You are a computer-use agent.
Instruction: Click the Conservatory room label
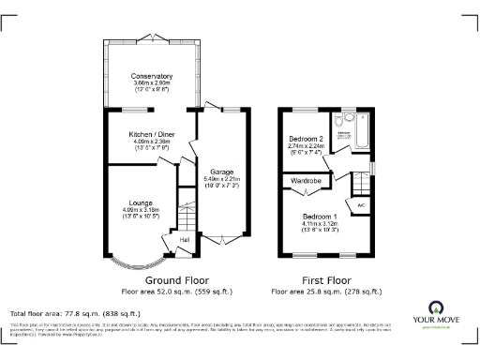point(151,76)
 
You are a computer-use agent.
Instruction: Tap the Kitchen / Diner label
point(151,134)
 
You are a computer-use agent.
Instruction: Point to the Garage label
point(221,172)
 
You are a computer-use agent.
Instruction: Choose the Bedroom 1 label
point(322,217)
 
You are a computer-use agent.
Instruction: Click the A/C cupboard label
point(360,204)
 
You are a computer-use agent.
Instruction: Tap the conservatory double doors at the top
point(152,38)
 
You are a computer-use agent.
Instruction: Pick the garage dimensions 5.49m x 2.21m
point(221,179)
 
